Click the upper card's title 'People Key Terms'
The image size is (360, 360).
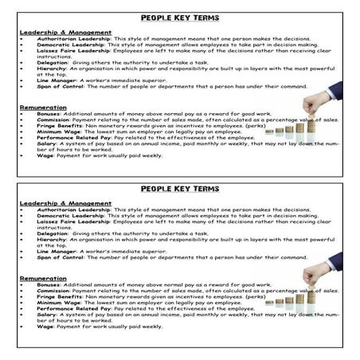pyautogui.click(x=180, y=17)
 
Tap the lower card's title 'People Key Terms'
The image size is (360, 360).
pyautogui.click(x=180, y=190)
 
